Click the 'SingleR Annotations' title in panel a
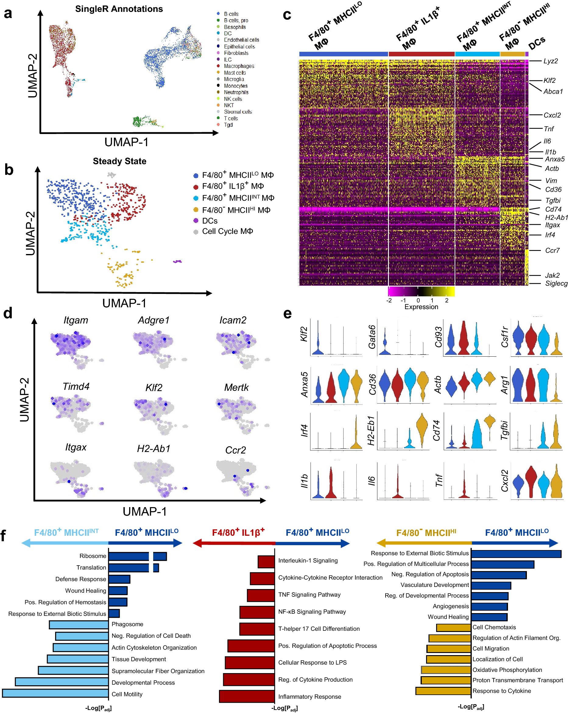(119, 9)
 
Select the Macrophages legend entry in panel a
(239, 66)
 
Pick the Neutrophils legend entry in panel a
(236, 92)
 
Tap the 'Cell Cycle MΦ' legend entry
(227, 231)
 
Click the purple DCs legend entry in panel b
(209, 221)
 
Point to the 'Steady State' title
(119, 161)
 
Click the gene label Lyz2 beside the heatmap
(550, 61)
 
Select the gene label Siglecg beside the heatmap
(556, 284)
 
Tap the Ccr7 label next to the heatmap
(552, 250)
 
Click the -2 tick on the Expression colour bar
(389, 300)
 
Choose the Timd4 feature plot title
(76, 386)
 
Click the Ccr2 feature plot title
(235, 450)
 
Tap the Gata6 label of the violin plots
(372, 337)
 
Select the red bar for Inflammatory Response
(247, 696)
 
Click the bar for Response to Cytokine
(443, 690)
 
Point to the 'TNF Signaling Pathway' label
(309, 595)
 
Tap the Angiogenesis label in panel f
(451, 606)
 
